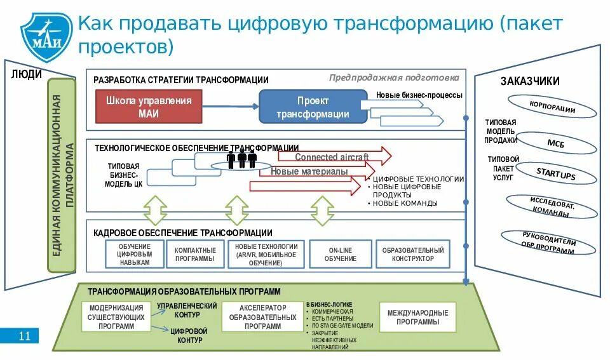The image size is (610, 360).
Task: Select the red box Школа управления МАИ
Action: [x=148, y=107]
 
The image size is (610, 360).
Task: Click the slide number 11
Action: [x=24, y=336]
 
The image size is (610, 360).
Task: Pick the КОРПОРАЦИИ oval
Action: [x=552, y=107]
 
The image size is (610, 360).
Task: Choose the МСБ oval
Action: [x=555, y=143]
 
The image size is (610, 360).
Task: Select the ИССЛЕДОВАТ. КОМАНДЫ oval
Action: [x=552, y=206]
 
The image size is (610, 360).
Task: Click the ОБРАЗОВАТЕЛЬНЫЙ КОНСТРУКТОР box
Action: [x=412, y=254]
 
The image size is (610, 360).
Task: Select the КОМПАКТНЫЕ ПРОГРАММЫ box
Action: [x=195, y=254]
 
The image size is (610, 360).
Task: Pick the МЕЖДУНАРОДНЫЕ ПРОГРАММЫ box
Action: [x=417, y=317]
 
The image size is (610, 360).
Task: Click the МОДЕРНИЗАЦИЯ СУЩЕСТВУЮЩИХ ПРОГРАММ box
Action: [x=116, y=317]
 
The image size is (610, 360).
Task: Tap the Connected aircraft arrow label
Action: [x=323, y=157]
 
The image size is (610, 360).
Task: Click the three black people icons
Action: [x=241, y=159]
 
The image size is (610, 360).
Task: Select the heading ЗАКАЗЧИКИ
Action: [x=529, y=81]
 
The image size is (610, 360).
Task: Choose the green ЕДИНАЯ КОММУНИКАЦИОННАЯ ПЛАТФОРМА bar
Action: [x=62, y=182]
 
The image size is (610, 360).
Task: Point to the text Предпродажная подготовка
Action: [x=393, y=77]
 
